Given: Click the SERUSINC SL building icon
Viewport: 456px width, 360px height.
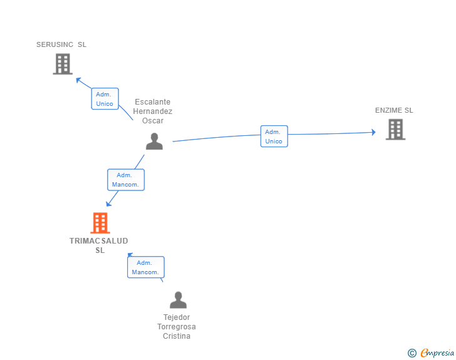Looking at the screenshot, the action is pyautogui.click(x=63, y=64).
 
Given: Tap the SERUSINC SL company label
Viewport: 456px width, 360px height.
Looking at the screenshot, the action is pyautogui.click(x=61, y=44).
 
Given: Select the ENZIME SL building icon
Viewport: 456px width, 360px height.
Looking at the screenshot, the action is pyautogui.click(x=395, y=130).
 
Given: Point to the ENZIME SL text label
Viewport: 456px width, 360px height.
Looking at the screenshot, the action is pyautogui.click(x=394, y=110).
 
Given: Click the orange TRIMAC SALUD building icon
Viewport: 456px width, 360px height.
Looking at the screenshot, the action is pyautogui.click(x=100, y=223).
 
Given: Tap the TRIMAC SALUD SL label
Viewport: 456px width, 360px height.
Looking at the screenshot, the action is pyautogui.click(x=99, y=245).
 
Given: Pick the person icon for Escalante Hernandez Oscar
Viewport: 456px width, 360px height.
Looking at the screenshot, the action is pyautogui.click(x=154, y=141).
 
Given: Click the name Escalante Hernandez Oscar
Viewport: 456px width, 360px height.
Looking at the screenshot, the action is pyautogui.click(x=153, y=111).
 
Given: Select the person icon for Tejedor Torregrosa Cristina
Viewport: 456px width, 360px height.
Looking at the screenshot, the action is pyautogui.click(x=178, y=300).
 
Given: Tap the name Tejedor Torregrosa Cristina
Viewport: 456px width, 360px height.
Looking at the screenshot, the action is pyautogui.click(x=177, y=327).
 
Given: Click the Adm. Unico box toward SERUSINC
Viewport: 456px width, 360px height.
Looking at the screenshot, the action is pyautogui.click(x=105, y=98).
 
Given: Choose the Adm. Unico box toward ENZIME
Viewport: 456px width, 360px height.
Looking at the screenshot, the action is pyautogui.click(x=274, y=136).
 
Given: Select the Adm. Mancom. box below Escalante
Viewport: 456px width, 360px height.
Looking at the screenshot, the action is pyautogui.click(x=126, y=180).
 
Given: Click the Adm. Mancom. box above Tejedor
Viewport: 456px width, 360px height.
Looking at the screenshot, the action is pyautogui.click(x=146, y=267).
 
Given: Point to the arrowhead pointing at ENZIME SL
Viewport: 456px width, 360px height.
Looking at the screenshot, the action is pyautogui.click(x=374, y=132).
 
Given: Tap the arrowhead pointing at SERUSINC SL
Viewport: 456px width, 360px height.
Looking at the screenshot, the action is pyautogui.click(x=78, y=80).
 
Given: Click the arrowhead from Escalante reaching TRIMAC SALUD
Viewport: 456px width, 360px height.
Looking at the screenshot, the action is pyautogui.click(x=108, y=203).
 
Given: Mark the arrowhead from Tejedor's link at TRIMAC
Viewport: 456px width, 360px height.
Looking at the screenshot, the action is pyautogui.click(x=130, y=255).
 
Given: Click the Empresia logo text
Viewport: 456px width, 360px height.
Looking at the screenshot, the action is pyautogui.click(x=437, y=352).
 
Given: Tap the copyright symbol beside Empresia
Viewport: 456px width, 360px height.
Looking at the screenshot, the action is pyautogui.click(x=412, y=353).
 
